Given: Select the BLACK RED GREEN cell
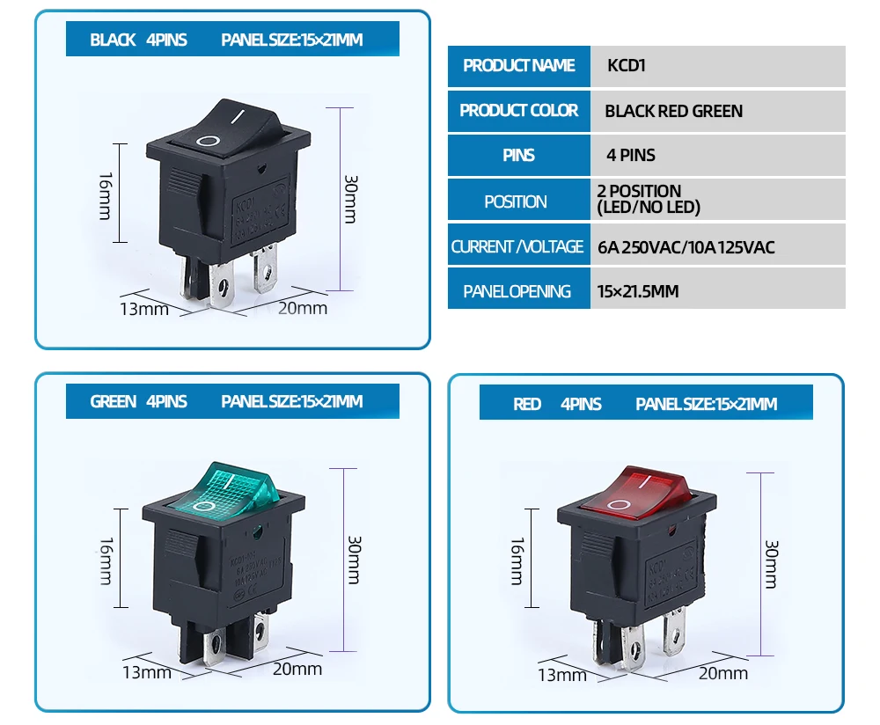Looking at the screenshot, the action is pyautogui.click(x=673, y=111).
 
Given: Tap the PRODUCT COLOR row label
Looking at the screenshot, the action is pyautogui.click(x=518, y=111).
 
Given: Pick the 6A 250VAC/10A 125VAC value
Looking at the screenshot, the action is pyautogui.click(x=686, y=247).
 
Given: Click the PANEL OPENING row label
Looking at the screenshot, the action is pyautogui.click(x=517, y=291).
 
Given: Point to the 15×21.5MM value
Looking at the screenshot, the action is pyautogui.click(x=638, y=291).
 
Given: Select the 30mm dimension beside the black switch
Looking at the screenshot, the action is pyautogui.click(x=351, y=199).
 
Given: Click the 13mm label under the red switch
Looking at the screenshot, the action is pyautogui.click(x=561, y=675).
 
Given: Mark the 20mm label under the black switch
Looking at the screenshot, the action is pyautogui.click(x=302, y=308).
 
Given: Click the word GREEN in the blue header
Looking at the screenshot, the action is pyautogui.click(x=113, y=402).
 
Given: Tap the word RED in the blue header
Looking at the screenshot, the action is pyautogui.click(x=526, y=404).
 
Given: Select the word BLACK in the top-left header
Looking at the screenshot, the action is pyautogui.click(x=113, y=40).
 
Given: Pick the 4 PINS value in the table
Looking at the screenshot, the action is pyautogui.click(x=631, y=156).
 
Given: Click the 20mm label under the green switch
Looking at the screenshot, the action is pyautogui.click(x=297, y=669).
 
